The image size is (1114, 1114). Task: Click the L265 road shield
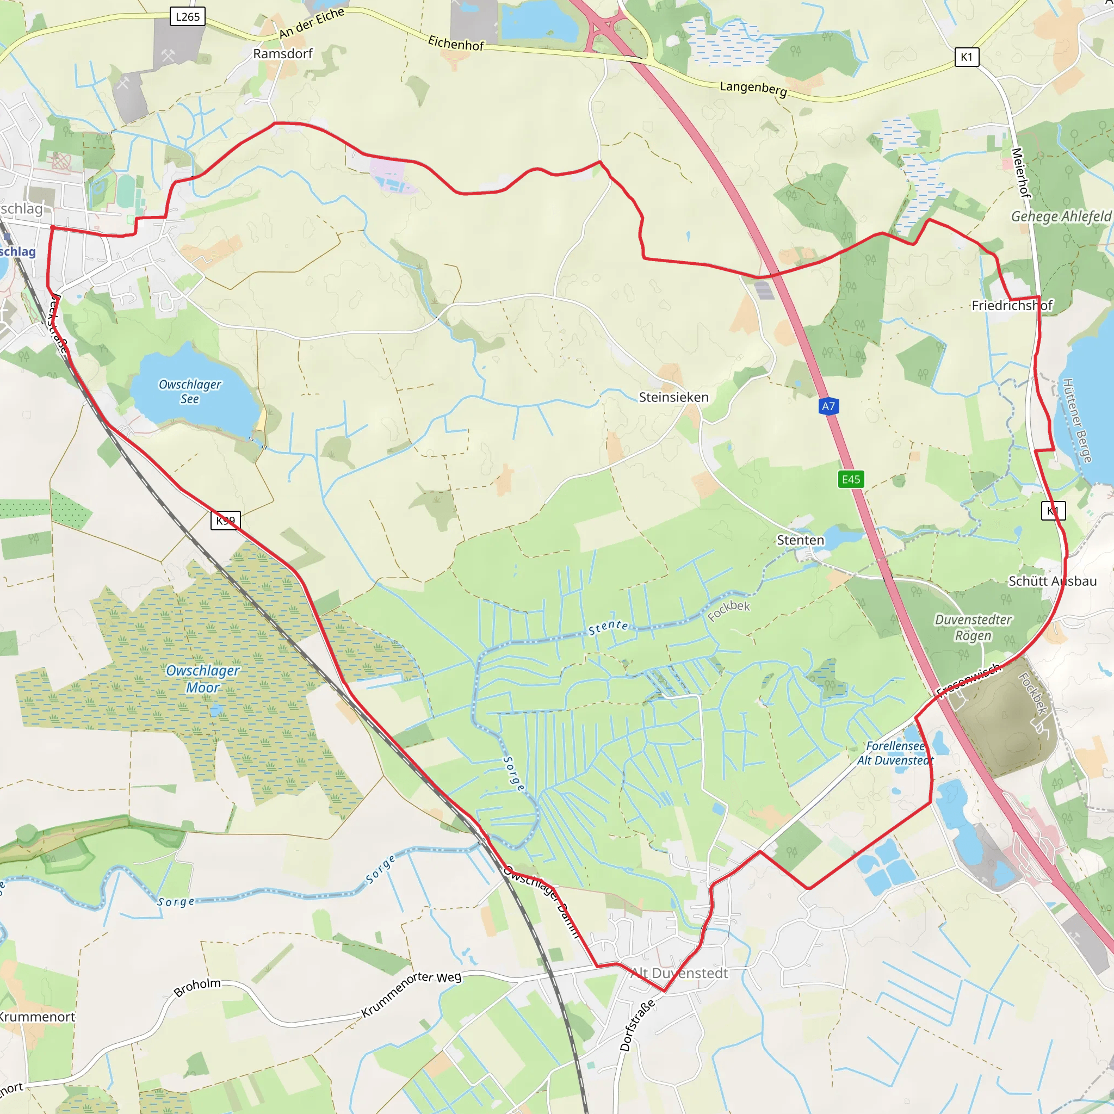point(188,17)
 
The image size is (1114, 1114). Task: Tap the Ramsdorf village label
point(282,54)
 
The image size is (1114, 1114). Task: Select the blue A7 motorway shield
point(828,406)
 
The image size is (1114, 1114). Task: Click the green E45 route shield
point(851,479)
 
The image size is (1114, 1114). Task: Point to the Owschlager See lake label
point(190,392)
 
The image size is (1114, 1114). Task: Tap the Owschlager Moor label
point(202,679)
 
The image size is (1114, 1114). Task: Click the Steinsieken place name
point(673,397)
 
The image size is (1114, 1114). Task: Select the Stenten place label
point(800,540)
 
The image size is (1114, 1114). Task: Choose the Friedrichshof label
point(1012,306)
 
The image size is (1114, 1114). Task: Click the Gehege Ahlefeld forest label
point(1061,217)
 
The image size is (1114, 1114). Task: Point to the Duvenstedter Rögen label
point(973,627)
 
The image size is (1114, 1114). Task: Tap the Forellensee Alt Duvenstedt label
point(895,753)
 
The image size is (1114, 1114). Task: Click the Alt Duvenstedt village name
point(679,973)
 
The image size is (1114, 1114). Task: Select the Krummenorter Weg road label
point(411,993)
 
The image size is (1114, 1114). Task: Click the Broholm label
point(197,987)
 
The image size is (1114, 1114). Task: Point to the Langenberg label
point(753,89)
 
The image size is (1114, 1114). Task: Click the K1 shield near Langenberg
point(967,57)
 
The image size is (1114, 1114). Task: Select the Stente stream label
point(608,627)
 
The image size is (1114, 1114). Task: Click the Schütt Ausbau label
point(1053,581)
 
